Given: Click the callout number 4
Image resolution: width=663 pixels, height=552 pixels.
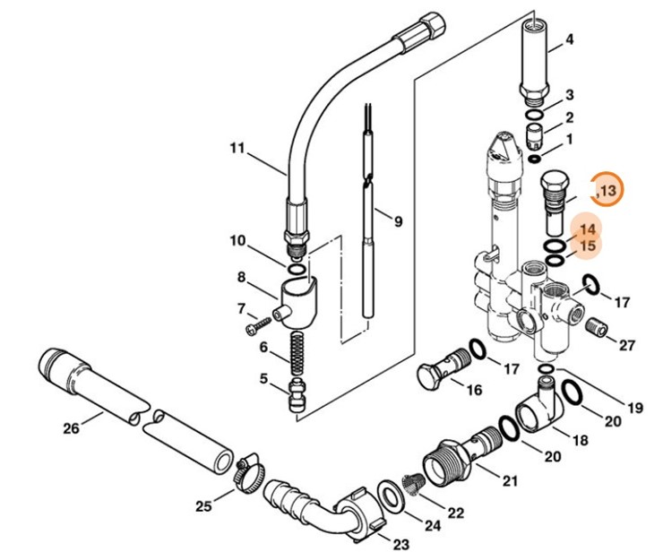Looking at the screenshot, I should [x=569, y=39].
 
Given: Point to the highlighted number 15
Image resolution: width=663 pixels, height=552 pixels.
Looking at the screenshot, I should [x=588, y=246].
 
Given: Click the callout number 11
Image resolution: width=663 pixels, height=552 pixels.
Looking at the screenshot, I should [x=237, y=148].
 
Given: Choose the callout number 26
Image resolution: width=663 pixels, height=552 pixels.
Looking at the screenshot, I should [x=72, y=427].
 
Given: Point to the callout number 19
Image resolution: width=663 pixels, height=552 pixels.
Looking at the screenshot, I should [x=634, y=408].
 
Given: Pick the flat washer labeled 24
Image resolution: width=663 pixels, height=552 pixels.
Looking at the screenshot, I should [x=390, y=494].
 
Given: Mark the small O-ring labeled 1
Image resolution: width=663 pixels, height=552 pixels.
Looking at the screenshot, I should [x=534, y=160].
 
